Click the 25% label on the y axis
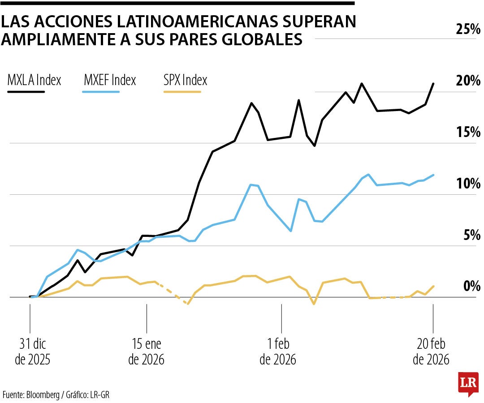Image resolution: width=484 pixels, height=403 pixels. (x=468, y=30)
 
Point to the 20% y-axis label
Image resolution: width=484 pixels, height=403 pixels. (x=468, y=81)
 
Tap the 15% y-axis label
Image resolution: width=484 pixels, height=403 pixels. (x=468, y=133)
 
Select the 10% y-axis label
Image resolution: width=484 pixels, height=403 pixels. (x=468, y=184)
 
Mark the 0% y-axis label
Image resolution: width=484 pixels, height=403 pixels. (x=471, y=286)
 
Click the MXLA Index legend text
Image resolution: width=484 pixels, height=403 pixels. (x=34, y=81)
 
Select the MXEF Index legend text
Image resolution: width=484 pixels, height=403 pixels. (x=109, y=81)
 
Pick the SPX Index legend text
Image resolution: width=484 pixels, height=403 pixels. (x=185, y=81)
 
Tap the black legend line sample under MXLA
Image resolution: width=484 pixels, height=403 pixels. (x=26, y=91)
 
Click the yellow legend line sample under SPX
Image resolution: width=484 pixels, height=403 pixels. (x=182, y=91)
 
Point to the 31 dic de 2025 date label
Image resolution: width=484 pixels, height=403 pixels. (x=33, y=352)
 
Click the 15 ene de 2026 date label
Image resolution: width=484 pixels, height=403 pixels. (x=147, y=352)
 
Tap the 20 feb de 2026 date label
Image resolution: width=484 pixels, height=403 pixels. (x=431, y=352)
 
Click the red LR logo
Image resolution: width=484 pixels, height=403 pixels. (x=468, y=384)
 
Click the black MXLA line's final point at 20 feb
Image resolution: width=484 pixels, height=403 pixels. (x=433, y=84)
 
